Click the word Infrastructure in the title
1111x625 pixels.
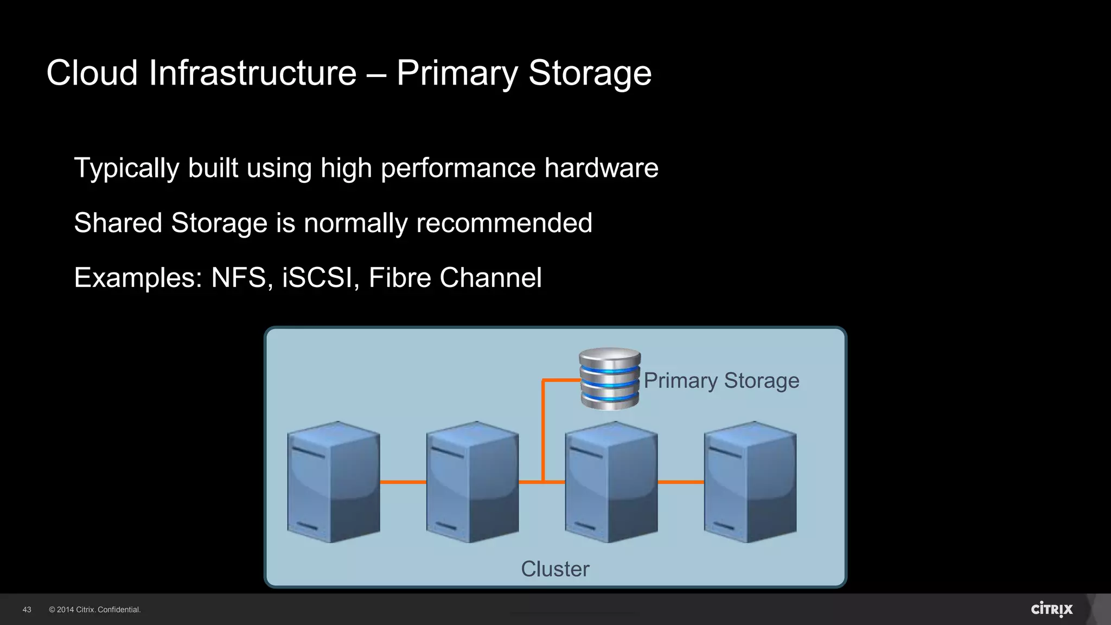[253, 73]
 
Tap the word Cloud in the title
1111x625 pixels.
[92, 73]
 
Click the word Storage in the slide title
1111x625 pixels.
[590, 73]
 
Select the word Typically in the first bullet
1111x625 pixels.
[126, 169]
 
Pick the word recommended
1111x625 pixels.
[504, 223]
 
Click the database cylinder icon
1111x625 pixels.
[610, 379]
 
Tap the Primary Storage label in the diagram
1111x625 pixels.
[721, 381]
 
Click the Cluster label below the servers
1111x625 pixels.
[555, 569]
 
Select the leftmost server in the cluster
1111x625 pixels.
[333, 482]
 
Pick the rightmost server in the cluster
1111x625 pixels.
[750, 482]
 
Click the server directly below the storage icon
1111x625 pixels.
[611, 482]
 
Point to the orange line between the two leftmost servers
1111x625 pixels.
[403, 482]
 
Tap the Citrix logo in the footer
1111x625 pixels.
[1051, 609]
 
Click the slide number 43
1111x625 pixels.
[27, 610]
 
